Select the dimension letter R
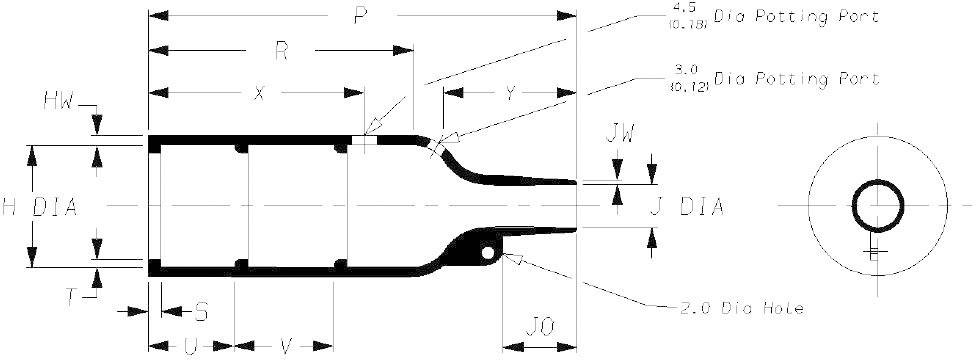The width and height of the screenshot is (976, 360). coord(282,53)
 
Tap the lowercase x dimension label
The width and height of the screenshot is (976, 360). coord(259,93)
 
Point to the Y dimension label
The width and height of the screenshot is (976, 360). coord(510,94)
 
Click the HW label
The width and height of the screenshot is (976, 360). coord(58,101)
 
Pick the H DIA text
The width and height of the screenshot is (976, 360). coord(39,207)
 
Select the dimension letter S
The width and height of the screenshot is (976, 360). coord(200,313)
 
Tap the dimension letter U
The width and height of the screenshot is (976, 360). coord(190,346)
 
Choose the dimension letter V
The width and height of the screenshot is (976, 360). coord(285,346)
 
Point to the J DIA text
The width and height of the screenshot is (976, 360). coord(685,208)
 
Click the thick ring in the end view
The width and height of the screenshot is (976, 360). coord(878,207)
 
